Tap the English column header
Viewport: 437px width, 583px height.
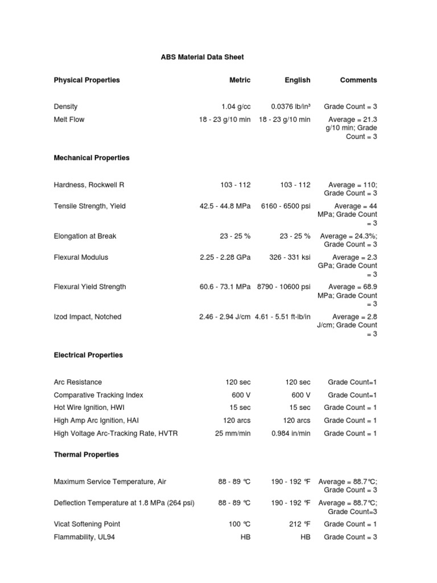click(x=298, y=80)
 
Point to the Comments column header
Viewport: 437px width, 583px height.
click(x=358, y=80)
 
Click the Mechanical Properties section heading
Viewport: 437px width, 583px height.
click(x=92, y=158)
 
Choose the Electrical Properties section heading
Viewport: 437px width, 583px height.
click(x=88, y=355)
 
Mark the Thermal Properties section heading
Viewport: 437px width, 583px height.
click(x=86, y=455)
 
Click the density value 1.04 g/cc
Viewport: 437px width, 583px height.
click(x=236, y=106)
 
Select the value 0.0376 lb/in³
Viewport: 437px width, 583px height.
click(x=290, y=106)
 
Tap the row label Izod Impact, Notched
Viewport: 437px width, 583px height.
click(x=88, y=317)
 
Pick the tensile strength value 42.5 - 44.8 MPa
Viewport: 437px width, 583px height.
click(x=221, y=206)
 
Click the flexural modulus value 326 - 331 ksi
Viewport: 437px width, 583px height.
click(x=290, y=257)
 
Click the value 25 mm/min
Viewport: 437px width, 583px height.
click(x=232, y=434)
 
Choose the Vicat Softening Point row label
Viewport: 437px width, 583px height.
click(x=87, y=524)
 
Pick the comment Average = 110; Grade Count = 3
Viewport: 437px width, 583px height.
click(x=351, y=189)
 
